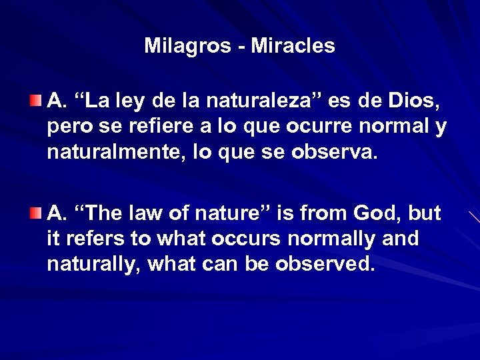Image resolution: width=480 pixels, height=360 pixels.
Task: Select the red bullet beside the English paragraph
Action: click(35, 213)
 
